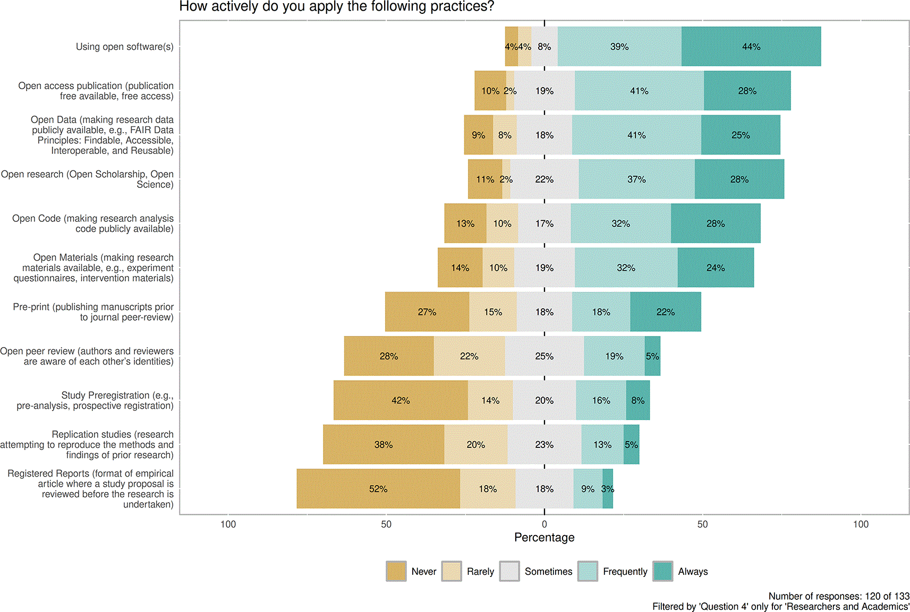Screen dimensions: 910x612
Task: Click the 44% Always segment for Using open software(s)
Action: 751,46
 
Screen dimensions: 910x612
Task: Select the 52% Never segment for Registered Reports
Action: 378,489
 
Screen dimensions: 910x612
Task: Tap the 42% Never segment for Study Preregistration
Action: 401,400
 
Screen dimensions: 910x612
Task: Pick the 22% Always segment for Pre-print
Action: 666,312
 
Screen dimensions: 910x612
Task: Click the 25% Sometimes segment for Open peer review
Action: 545,356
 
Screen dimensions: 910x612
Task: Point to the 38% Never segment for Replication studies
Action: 384,444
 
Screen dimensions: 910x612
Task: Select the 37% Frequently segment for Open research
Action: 636,179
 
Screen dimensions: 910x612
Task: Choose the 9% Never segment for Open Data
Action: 479,135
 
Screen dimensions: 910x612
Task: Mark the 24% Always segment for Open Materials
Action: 716,268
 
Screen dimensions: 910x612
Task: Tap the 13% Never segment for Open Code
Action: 465,223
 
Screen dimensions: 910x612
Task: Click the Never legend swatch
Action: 396,572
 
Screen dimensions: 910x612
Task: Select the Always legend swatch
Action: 662,572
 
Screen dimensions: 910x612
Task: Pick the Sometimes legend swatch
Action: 509,572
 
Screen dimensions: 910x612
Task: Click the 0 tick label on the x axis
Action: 545,524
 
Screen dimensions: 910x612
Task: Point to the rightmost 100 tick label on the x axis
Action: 861,524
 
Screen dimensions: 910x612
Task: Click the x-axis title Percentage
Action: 545,537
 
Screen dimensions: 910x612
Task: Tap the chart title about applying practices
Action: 337,6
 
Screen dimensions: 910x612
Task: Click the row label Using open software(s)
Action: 125,47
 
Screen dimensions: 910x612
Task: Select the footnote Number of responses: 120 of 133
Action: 838,596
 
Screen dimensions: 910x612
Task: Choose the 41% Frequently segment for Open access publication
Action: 640,91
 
